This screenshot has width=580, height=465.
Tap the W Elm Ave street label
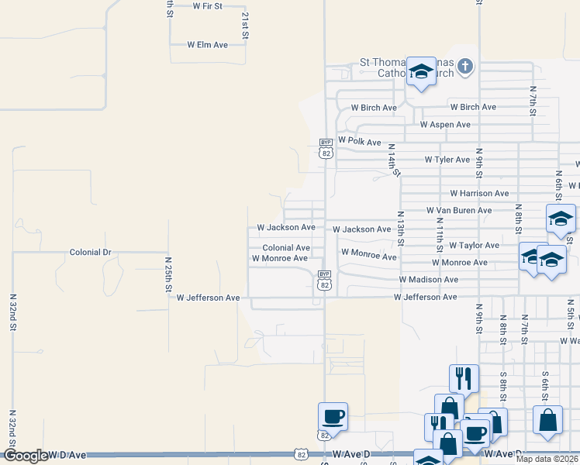tap(207, 45)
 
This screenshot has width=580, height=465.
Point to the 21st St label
tap(245, 26)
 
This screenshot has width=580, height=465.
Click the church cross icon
tap(464, 66)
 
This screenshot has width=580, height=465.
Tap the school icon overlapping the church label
tap(421, 72)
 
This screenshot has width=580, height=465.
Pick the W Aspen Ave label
tap(445, 125)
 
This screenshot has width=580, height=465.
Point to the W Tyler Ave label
tap(447, 160)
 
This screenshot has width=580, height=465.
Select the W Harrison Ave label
tap(479, 193)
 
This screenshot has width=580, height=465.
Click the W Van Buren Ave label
tap(459, 210)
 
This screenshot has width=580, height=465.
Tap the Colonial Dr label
tap(91, 253)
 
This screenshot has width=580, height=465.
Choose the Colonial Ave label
tap(286, 248)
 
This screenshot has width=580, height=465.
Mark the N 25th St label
tap(169, 274)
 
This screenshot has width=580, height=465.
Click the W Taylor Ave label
tap(474, 245)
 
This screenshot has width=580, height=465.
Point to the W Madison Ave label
tap(429, 279)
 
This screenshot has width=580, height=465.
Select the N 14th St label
tap(393, 160)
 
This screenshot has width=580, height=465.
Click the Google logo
tap(26, 456)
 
